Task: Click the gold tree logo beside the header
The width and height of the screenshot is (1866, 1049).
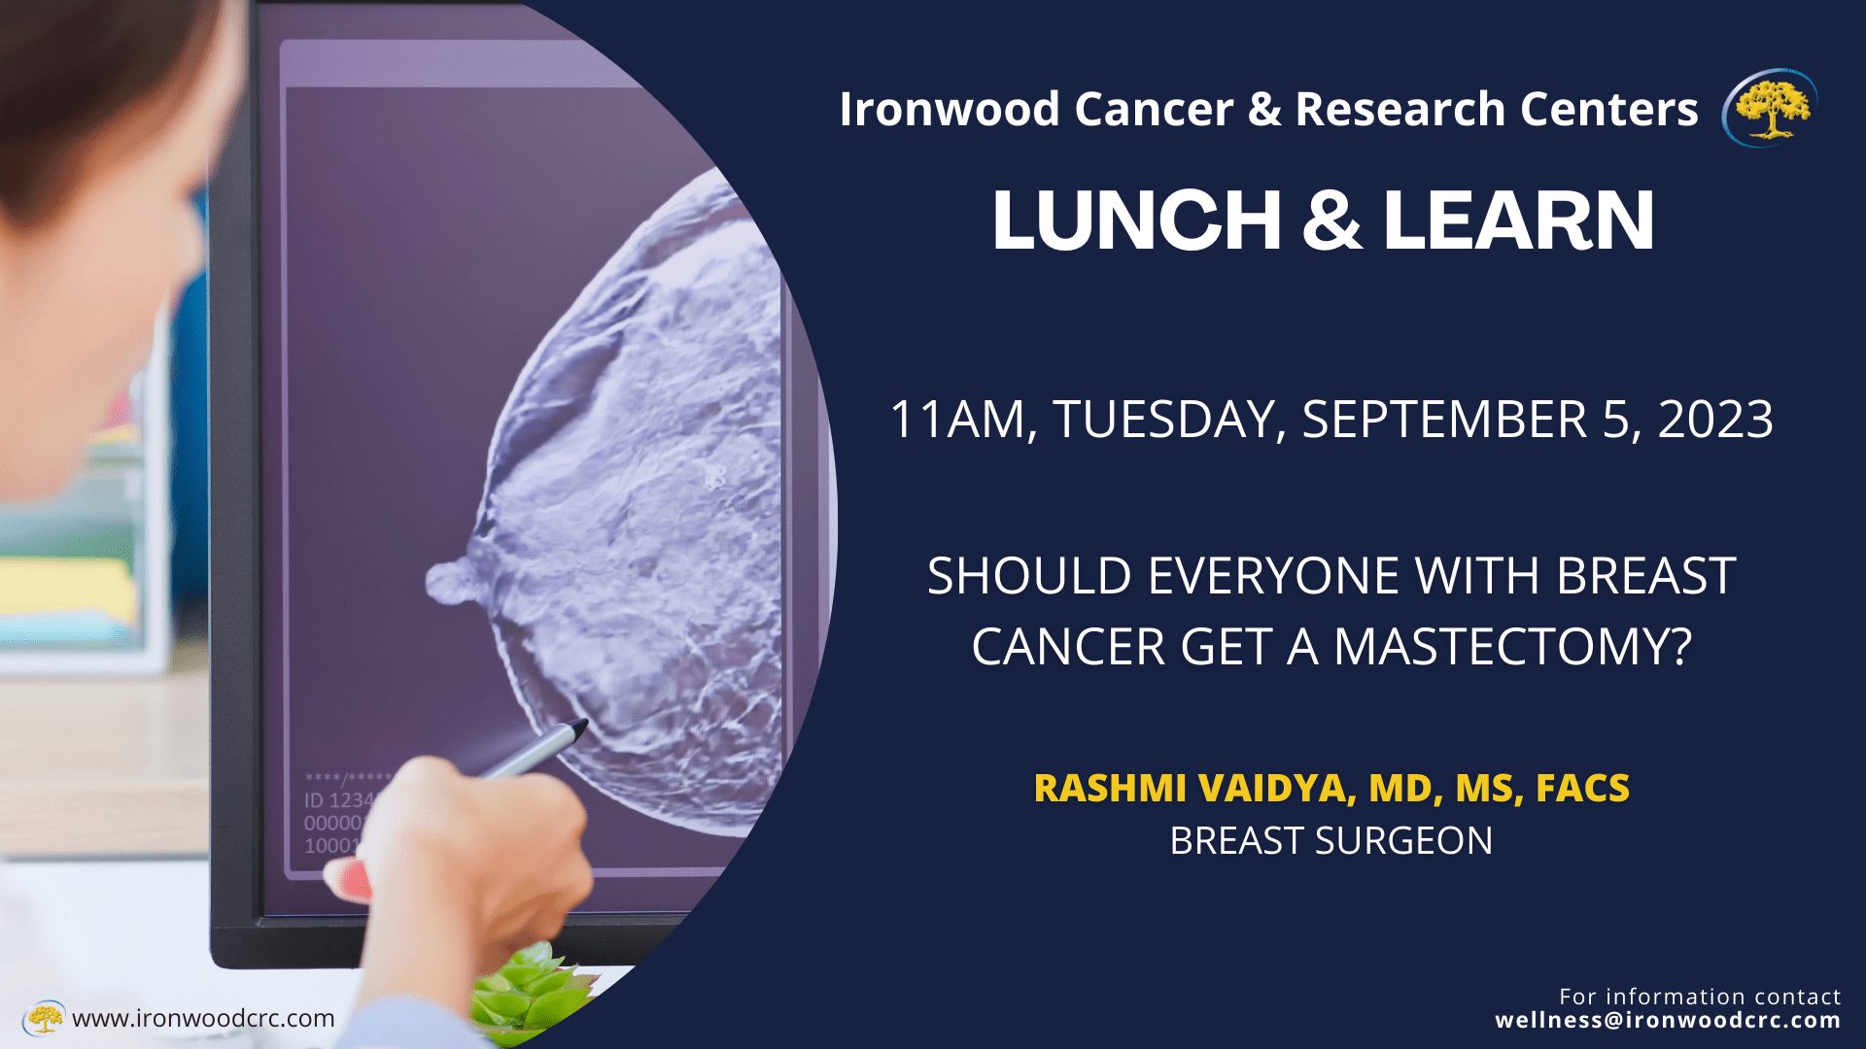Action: coord(1770,108)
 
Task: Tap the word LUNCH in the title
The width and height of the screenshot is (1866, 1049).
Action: coord(1136,220)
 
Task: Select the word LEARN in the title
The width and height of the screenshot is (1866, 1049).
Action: coord(1518,220)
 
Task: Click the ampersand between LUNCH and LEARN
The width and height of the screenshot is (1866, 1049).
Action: coord(1331,220)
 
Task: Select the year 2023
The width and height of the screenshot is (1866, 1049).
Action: coord(1715,420)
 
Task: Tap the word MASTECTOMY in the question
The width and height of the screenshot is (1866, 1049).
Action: coord(1513,647)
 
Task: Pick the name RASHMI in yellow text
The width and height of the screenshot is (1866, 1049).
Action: coord(1110,789)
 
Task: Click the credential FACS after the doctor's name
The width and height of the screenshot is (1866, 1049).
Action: coord(1582,789)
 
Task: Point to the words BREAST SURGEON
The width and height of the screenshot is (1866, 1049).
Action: coord(1330,841)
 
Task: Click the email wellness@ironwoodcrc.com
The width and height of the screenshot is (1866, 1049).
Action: coord(1668,1020)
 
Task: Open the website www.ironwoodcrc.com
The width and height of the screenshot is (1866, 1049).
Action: coord(203,1018)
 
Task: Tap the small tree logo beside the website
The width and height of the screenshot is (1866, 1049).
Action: coord(44,1018)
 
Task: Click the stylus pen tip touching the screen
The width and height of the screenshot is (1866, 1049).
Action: coord(581,725)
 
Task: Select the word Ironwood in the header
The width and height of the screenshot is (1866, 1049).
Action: coord(949,109)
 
